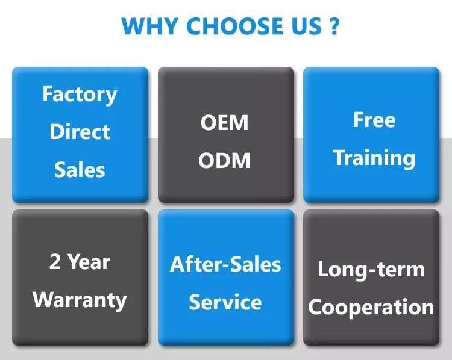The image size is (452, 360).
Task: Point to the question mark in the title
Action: [335, 26]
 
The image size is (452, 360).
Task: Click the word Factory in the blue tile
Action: [80, 95]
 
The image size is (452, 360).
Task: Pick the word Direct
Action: [80, 132]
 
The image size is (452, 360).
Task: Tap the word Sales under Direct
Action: [80, 170]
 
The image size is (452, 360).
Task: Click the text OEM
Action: [225, 123]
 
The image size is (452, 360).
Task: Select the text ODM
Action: [225, 161]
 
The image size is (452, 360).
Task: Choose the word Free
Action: [374, 120]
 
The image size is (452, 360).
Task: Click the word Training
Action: [374, 158]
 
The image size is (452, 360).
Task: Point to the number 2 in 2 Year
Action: [55, 262]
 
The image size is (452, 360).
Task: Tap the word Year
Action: [89, 262]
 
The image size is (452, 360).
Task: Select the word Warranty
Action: [80, 300]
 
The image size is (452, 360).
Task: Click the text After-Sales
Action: [225, 264]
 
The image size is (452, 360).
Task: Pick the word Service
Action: [225, 302]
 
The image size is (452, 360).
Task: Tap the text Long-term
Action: [371, 269]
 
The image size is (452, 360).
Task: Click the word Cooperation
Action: [371, 307]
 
